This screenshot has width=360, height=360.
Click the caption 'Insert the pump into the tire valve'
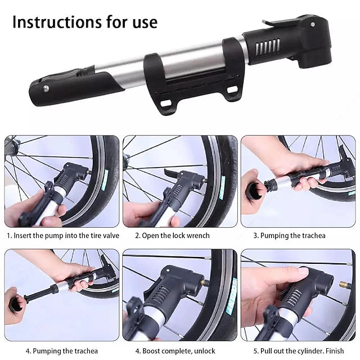[x=62, y=236]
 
